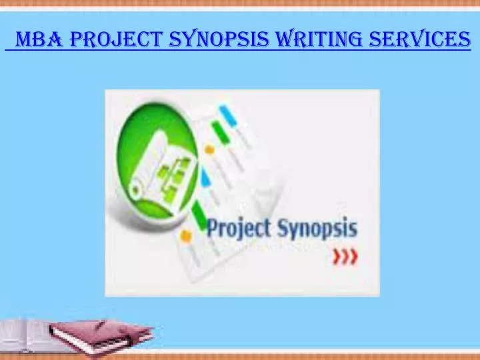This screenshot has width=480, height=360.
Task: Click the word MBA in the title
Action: click(x=39, y=41)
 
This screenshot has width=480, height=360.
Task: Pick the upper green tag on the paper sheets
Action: click(x=217, y=131)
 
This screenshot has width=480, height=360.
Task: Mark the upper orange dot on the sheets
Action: click(x=209, y=150)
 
